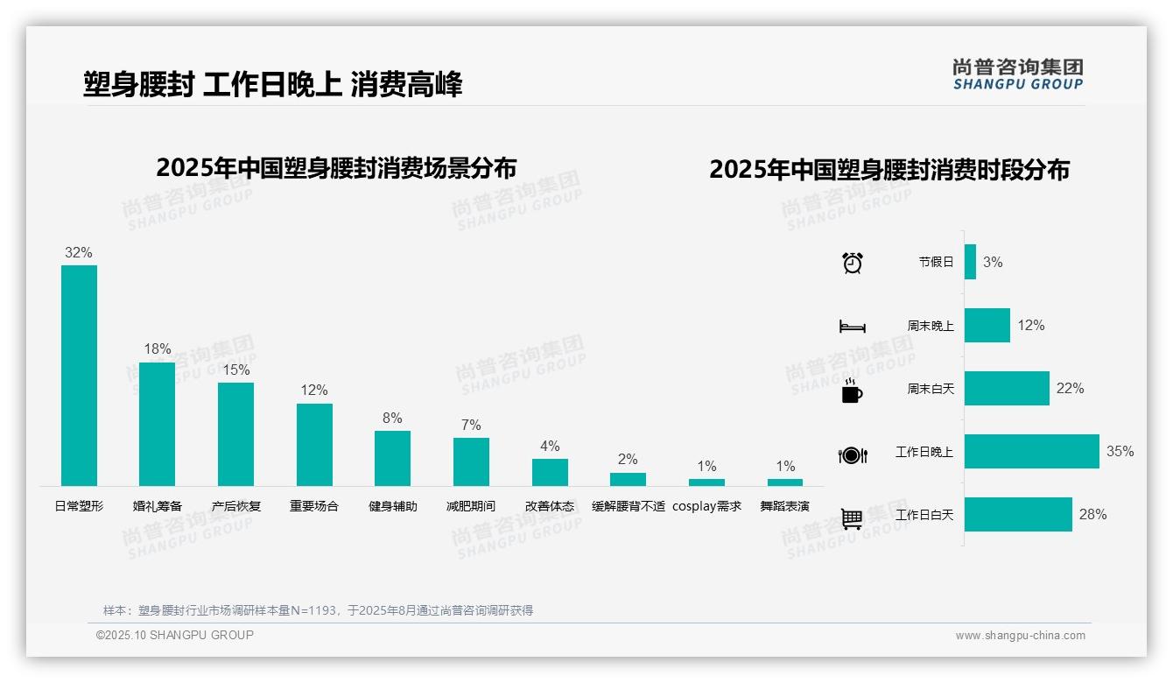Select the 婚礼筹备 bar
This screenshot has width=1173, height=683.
pos(158,424)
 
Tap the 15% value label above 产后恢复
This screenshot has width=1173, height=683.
pos(235,370)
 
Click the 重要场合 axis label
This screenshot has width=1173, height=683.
pos(314,506)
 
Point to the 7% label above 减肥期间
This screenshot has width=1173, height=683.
pos(471,425)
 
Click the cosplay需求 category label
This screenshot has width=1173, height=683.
pos(706,506)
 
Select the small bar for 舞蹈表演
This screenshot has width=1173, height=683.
pos(785,482)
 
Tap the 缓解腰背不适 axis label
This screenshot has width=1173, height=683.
pos(629,506)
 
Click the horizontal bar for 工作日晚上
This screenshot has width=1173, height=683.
pos(1031,452)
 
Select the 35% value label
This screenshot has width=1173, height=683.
pos(1120,452)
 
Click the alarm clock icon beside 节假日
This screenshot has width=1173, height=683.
pos(852,263)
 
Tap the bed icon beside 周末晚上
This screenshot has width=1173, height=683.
pos(852,327)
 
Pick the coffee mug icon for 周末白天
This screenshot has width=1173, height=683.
pos(852,391)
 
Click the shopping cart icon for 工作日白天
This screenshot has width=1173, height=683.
pos(852,518)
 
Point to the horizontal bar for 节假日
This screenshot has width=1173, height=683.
pos(970,262)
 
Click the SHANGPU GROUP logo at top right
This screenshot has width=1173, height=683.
pos(1017,74)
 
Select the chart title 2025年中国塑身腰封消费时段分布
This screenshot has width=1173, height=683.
pos(889,169)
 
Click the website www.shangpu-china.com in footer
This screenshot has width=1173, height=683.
pos(1020,636)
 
